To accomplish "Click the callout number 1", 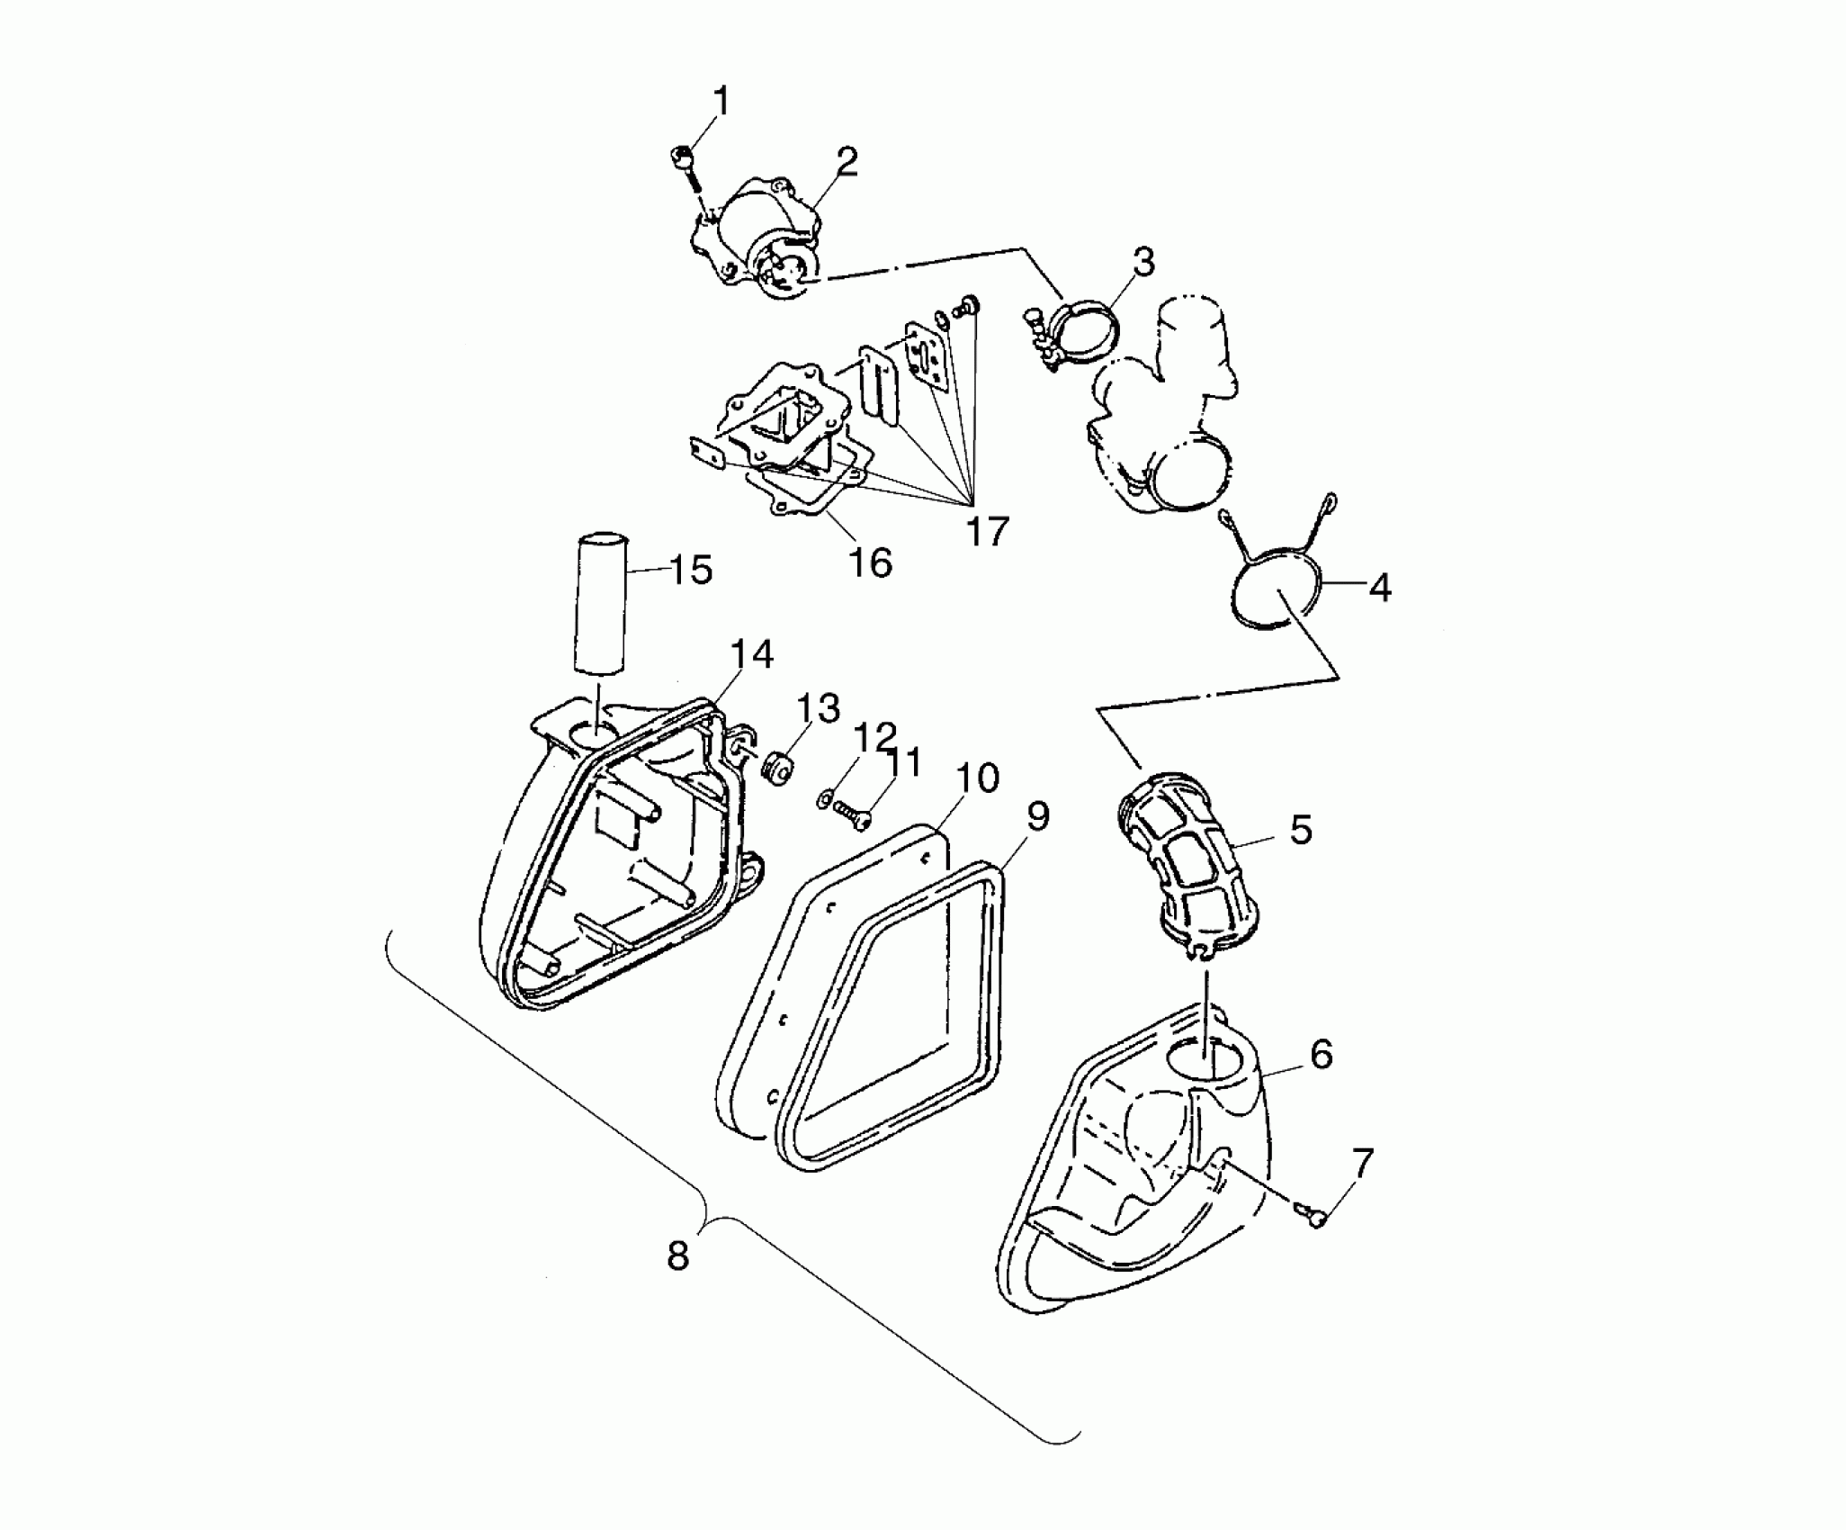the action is click(x=721, y=102).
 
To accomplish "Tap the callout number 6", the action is click(x=1321, y=1054).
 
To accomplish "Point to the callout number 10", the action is click(x=978, y=778).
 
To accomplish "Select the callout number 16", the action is click(x=870, y=563).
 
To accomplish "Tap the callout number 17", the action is click(x=987, y=532).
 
